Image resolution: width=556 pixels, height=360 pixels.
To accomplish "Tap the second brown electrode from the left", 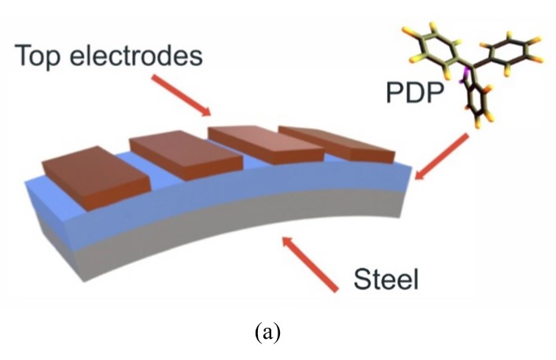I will tap(181, 155).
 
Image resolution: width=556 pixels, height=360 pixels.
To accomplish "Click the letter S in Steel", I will tap(362, 279).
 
